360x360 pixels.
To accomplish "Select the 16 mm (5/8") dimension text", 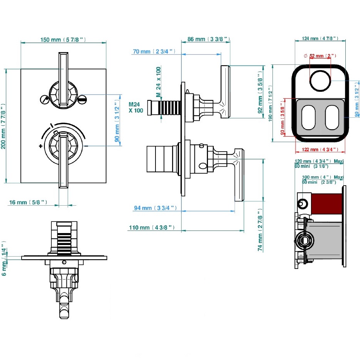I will click(28, 202).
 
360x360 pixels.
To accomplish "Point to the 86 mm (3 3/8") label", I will click(209, 39).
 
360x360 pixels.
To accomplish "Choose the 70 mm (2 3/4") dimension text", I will click(154, 51).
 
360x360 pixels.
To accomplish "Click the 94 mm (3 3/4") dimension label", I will click(155, 208).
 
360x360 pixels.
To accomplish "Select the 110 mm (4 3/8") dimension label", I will click(152, 228).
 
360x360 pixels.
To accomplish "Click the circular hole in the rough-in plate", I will click(319, 80).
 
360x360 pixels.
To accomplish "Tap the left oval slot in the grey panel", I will click(308, 117).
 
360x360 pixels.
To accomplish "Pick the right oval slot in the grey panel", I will click(333, 117).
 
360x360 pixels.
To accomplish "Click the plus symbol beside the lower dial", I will click(40, 146).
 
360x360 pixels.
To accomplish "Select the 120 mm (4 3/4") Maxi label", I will click(319, 161).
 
